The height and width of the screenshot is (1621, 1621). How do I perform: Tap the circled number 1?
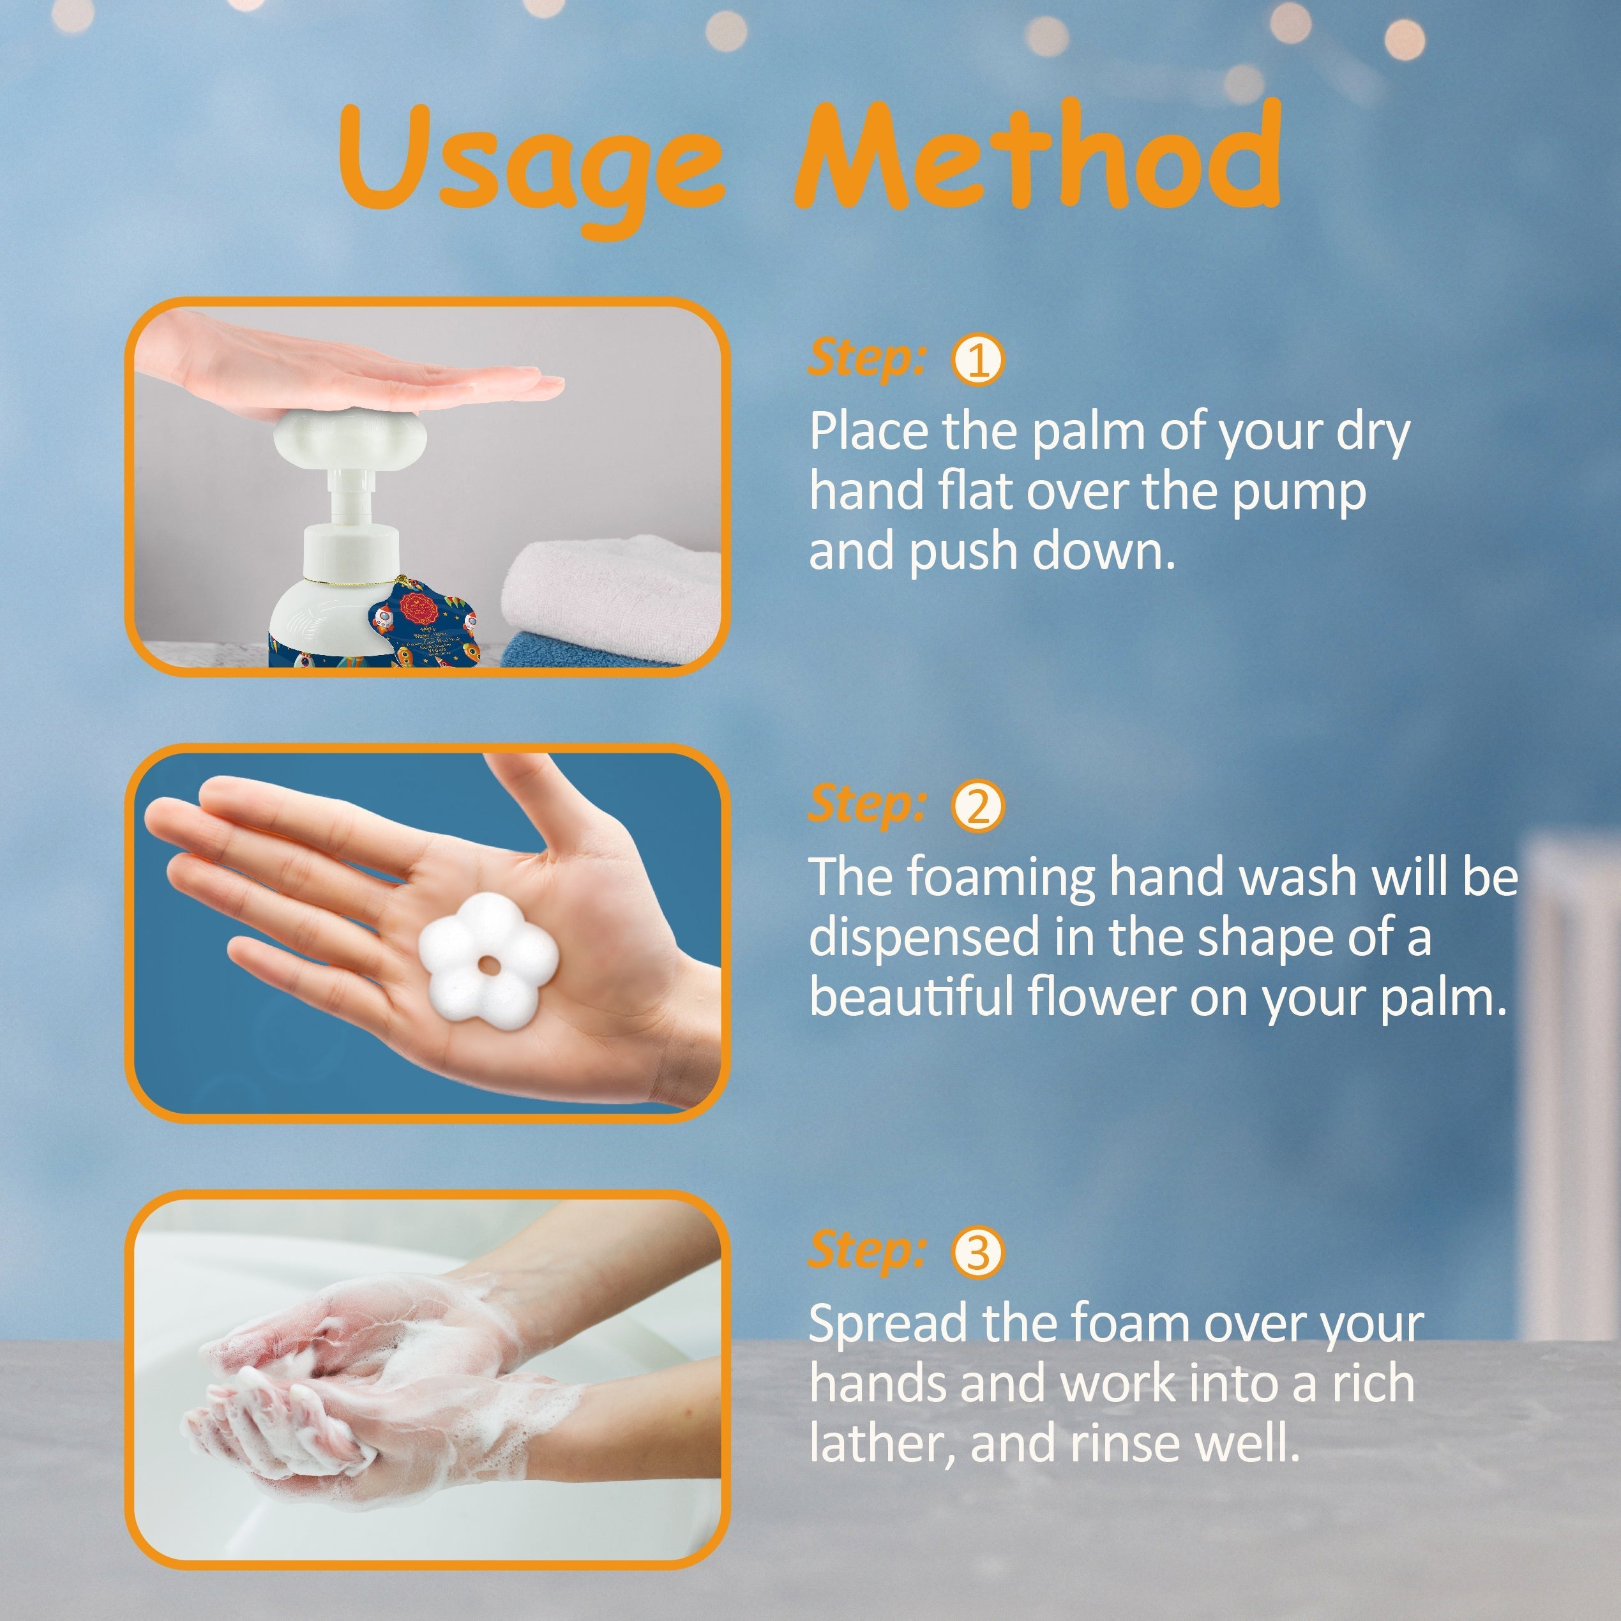(x=977, y=360)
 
